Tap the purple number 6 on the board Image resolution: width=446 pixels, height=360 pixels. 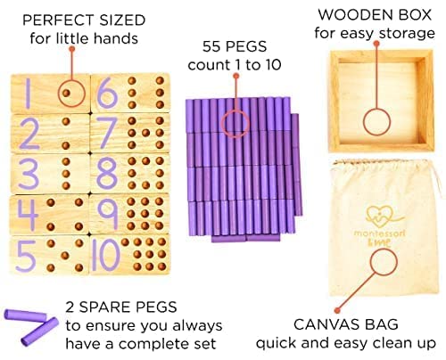(x=106, y=92)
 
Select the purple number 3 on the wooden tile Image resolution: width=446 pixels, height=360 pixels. (x=28, y=174)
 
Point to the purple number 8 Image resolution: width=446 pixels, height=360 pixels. (x=106, y=173)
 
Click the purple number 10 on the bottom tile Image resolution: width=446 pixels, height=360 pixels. (x=105, y=255)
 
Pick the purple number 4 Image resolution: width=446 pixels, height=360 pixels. (x=28, y=215)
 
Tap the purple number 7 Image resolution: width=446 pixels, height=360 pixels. (x=107, y=133)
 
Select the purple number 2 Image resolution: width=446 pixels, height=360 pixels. (x=28, y=134)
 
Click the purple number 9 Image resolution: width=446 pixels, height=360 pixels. (x=106, y=215)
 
